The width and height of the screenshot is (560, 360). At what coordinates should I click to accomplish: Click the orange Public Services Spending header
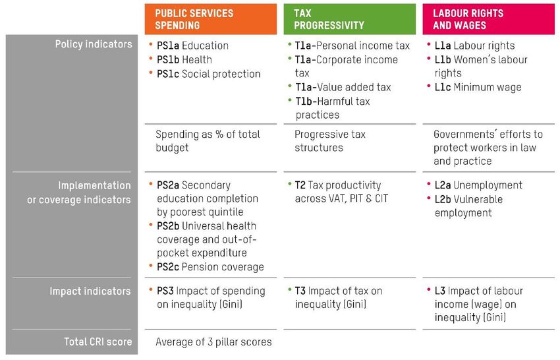click(x=210, y=19)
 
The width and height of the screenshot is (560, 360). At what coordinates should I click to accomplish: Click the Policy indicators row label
click(x=93, y=44)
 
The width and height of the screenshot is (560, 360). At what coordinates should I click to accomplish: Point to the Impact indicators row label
click(x=91, y=291)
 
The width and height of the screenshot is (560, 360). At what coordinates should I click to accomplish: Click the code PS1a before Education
click(x=169, y=46)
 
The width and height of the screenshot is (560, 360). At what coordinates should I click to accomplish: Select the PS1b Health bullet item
click(x=184, y=60)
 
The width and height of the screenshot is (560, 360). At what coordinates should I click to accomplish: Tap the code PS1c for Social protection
click(x=169, y=74)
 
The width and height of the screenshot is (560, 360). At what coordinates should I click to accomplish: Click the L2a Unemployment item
click(x=478, y=185)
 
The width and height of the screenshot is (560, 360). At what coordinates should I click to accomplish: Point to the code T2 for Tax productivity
click(x=300, y=185)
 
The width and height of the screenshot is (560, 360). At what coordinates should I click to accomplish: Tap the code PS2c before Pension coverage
click(x=169, y=267)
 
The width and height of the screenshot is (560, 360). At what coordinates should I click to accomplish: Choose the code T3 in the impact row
click(x=300, y=291)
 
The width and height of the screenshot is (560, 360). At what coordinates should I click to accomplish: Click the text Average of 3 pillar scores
click(x=213, y=342)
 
